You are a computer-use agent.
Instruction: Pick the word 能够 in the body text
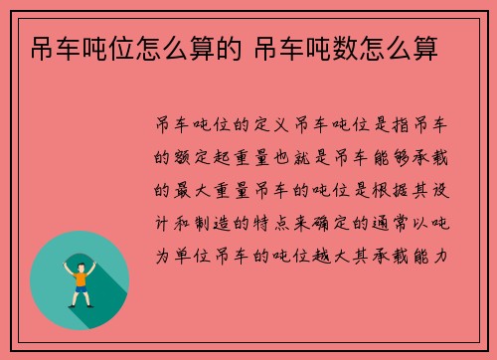click(404, 157)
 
